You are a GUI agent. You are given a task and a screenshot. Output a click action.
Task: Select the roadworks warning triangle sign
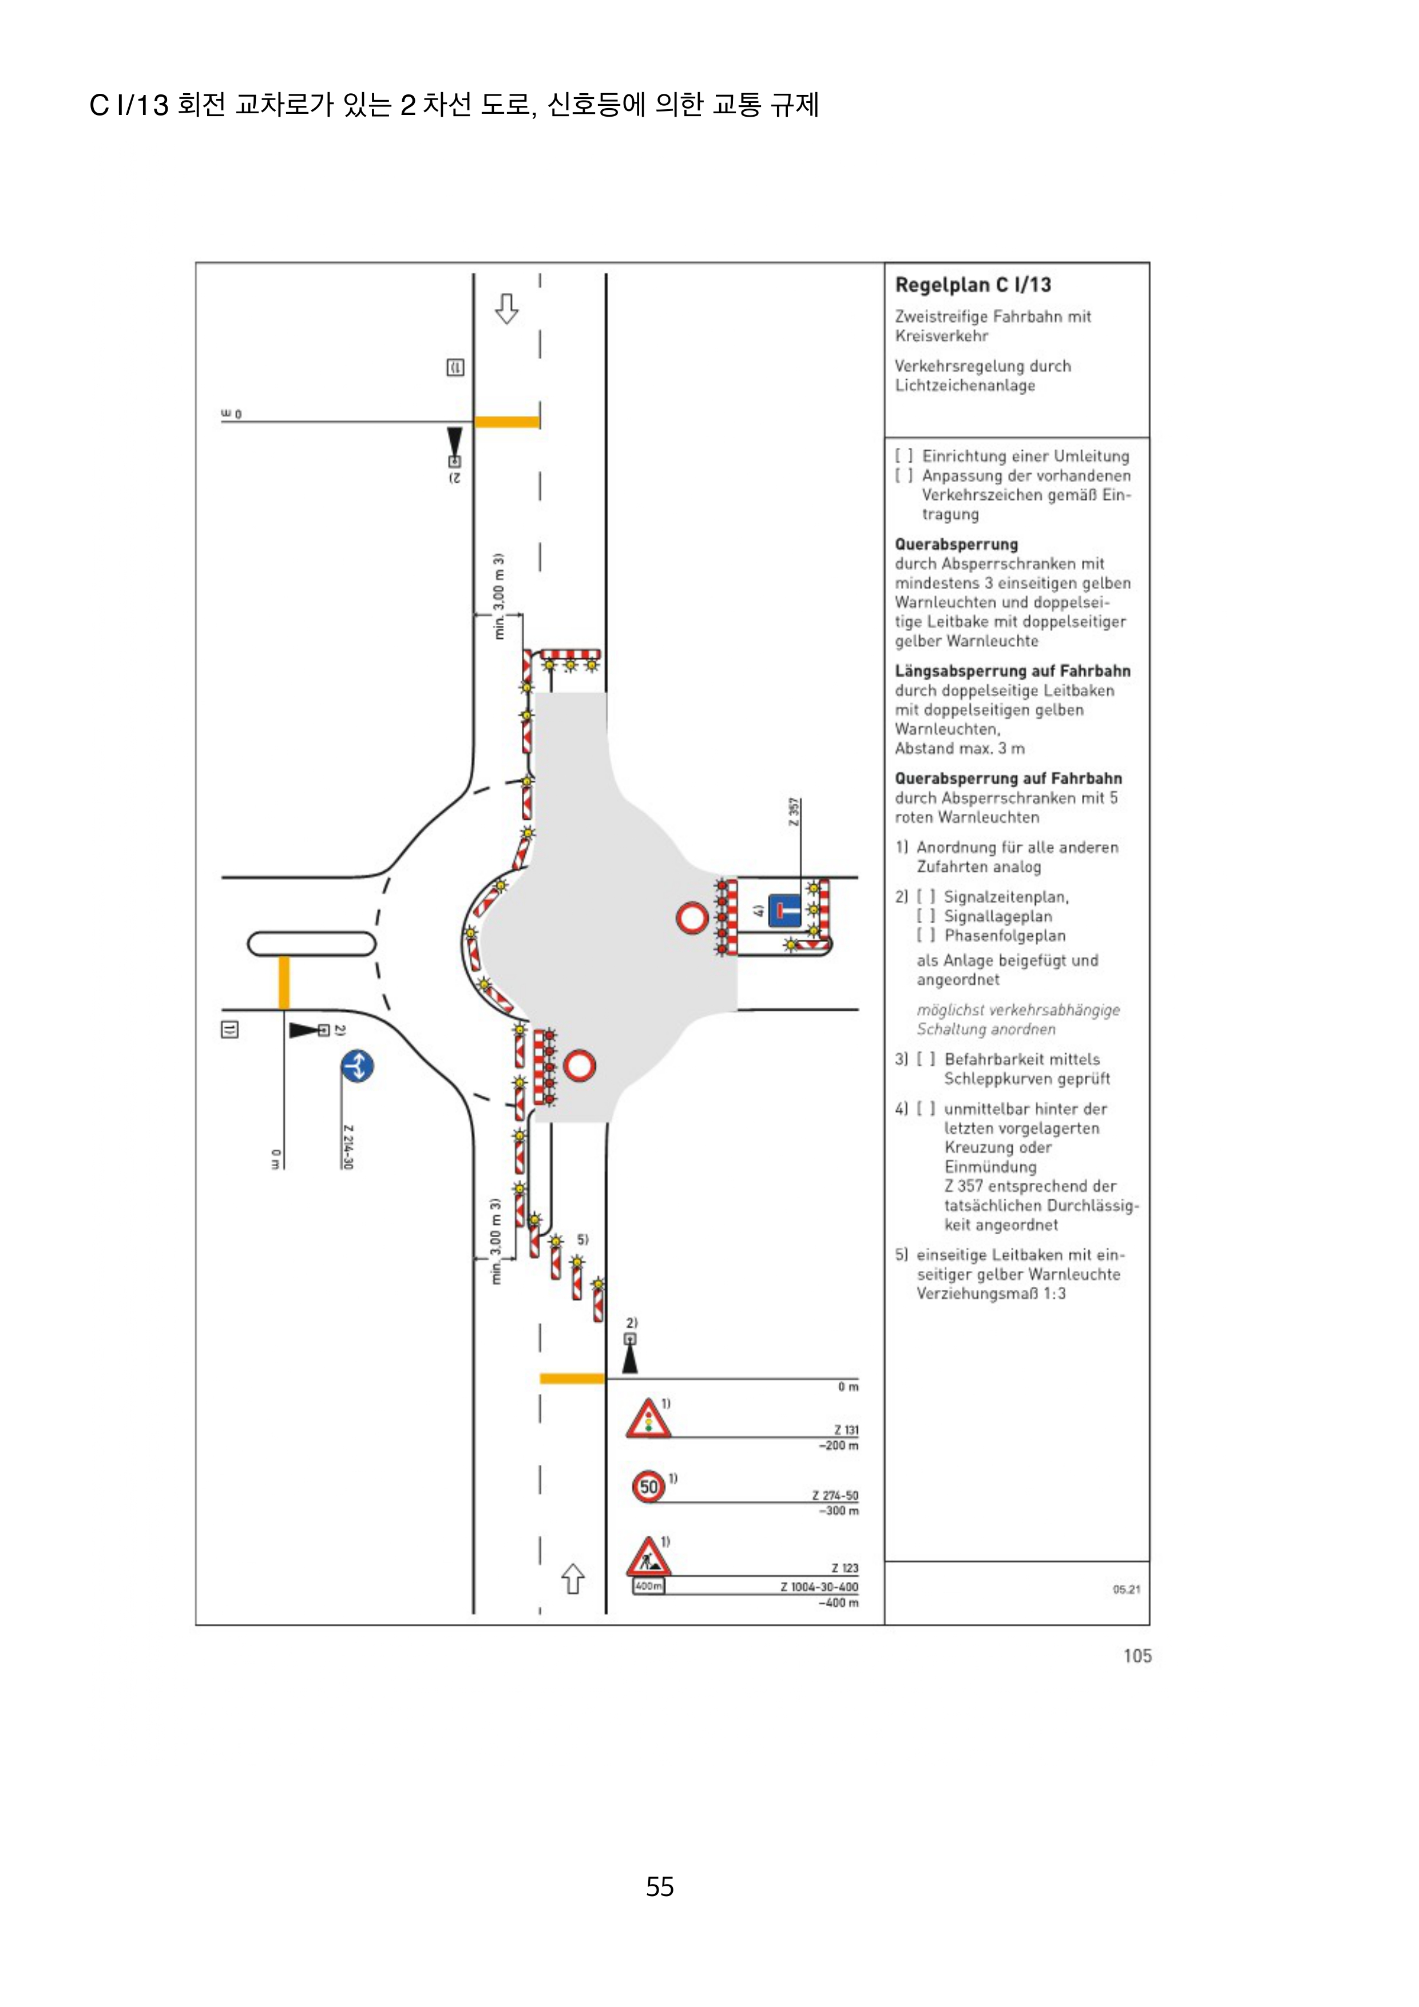point(648,1557)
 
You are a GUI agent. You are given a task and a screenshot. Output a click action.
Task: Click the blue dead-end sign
point(784,910)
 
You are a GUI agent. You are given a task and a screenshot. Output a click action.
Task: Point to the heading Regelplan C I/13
point(972,285)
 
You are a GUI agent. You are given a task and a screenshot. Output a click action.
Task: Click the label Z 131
point(846,1430)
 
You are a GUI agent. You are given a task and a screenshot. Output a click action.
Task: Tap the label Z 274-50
point(834,1496)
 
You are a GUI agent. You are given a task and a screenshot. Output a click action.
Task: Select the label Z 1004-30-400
point(819,1587)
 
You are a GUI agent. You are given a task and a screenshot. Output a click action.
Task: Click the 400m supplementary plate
point(648,1585)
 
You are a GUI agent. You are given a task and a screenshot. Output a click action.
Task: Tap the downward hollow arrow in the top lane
point(506,308)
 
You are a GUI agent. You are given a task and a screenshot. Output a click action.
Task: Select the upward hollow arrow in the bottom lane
point(573,1578)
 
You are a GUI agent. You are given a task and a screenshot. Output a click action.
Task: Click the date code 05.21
point(1126,1589)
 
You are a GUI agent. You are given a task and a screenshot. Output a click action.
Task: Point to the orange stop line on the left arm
point(283,983)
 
